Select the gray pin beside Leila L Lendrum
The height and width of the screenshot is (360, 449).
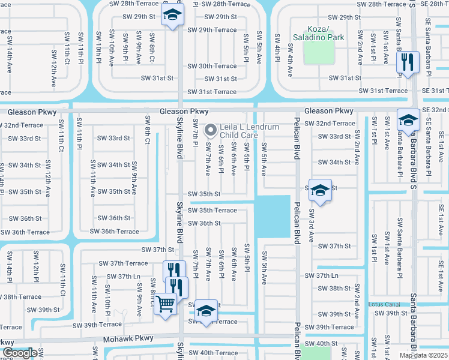click(x=211, y=130)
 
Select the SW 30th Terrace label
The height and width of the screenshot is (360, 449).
click(x=212, y=66)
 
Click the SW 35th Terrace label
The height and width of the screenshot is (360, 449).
click(x=212, y=210)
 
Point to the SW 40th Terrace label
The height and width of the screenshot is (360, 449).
click(x=214, y=353)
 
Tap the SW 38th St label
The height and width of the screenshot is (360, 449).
click(x=335, y=289)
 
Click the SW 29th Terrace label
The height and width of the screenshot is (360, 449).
click(x=212, y=29)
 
